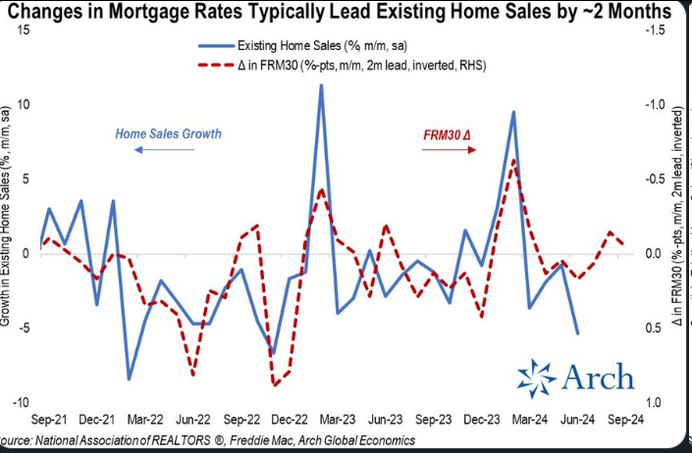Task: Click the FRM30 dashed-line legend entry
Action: (x=344, y=64)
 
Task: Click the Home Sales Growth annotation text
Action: (x=168, y=133)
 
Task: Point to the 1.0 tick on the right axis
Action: (x=654, y=403)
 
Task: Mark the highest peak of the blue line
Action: (x=321, y=85)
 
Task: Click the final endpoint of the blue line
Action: (x=576, y=333)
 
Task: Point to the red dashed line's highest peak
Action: (x=513, y=160)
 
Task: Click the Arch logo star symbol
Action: (x=536, y=377)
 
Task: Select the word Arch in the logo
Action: (x=598, y=377)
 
